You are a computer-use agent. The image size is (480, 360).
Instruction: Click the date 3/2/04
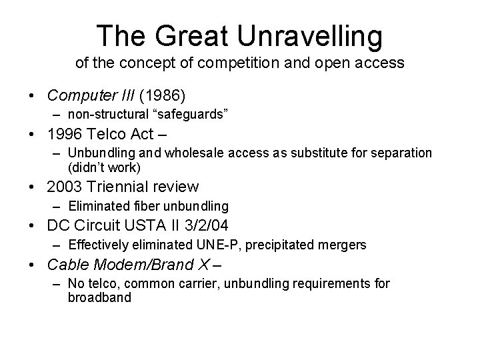click(224, 225)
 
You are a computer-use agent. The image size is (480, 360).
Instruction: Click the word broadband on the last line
click(99, 297)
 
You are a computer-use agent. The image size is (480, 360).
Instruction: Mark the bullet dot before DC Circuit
click(33, 226)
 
